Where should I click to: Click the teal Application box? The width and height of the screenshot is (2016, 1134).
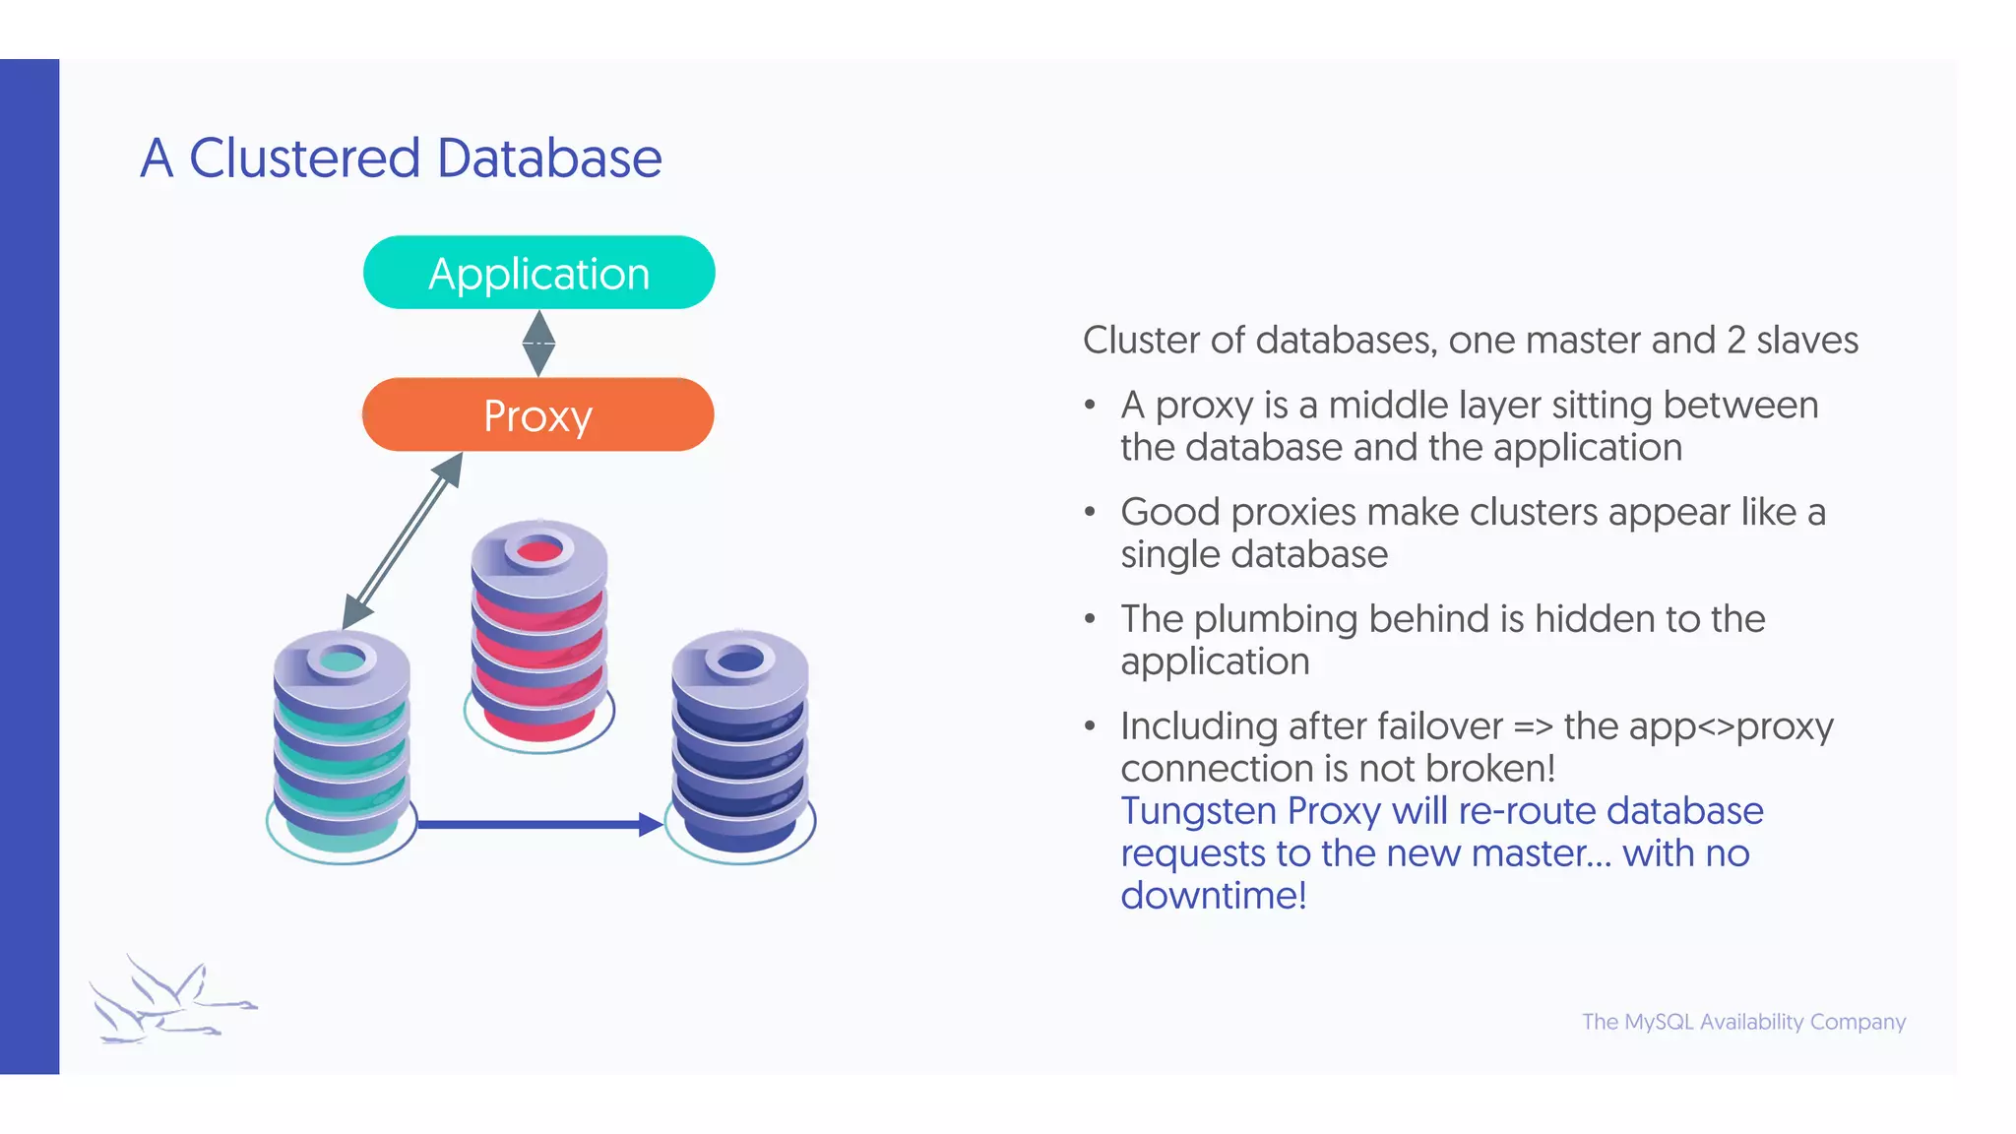538,273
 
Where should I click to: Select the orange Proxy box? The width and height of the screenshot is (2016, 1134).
537,414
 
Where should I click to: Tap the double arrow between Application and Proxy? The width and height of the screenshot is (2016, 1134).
538,343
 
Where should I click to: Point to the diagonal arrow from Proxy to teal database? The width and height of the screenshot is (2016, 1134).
402,540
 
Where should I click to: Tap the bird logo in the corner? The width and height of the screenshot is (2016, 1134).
167,999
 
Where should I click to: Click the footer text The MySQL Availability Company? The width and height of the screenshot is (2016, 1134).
1743,1022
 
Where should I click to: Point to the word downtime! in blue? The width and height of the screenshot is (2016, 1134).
1213,896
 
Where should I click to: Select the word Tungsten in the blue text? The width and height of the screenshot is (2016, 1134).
1197,811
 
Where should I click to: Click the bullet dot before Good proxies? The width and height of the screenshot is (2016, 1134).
1090,512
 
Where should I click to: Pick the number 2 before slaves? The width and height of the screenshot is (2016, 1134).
1735,341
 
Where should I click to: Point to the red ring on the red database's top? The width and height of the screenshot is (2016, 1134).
538,550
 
